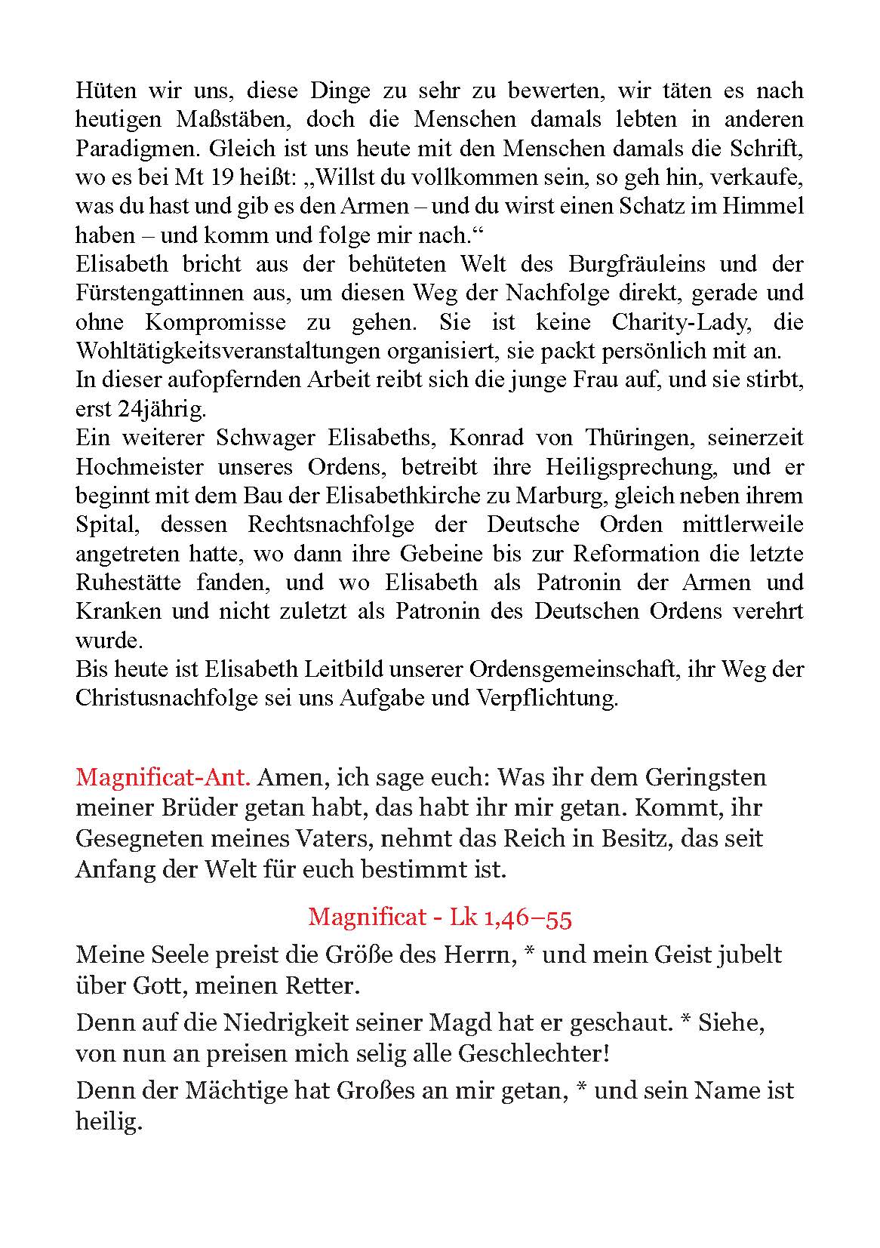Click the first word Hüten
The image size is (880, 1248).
coord(106,91)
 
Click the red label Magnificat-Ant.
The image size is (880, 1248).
coord(163,777)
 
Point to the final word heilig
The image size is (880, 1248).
coord(109,1123)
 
